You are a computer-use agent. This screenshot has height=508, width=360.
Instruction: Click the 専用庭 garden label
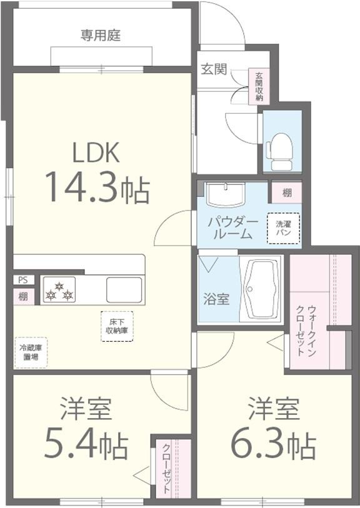tap(101, 35)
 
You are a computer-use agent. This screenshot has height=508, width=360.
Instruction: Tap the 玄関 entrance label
tap(214, 69)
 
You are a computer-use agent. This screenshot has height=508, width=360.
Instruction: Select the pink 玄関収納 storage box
tap(259, 86)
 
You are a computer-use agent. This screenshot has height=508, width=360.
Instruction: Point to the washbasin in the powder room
tap(225, 195)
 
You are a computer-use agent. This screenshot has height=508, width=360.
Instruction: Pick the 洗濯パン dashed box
tap(283, 228)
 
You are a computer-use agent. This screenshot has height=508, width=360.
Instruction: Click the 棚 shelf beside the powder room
tap(287, 193)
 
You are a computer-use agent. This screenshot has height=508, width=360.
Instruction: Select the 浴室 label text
tap(216, 299)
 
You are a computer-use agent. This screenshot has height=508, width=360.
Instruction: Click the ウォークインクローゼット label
tap(305, 330)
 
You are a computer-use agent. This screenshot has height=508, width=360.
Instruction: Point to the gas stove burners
tap(59, 290)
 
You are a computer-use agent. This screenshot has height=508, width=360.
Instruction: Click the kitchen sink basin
tap(124, 290)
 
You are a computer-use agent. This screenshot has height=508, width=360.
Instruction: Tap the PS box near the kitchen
tap(23, 280)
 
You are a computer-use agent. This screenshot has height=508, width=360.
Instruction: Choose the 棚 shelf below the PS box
tap(23, 296)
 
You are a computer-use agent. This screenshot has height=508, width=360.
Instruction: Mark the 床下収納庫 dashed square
tap(117, 326)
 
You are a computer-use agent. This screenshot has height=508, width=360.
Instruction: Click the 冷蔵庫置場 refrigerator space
tap(31, 353)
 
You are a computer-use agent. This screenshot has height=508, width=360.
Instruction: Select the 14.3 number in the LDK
tap(83, 187)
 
